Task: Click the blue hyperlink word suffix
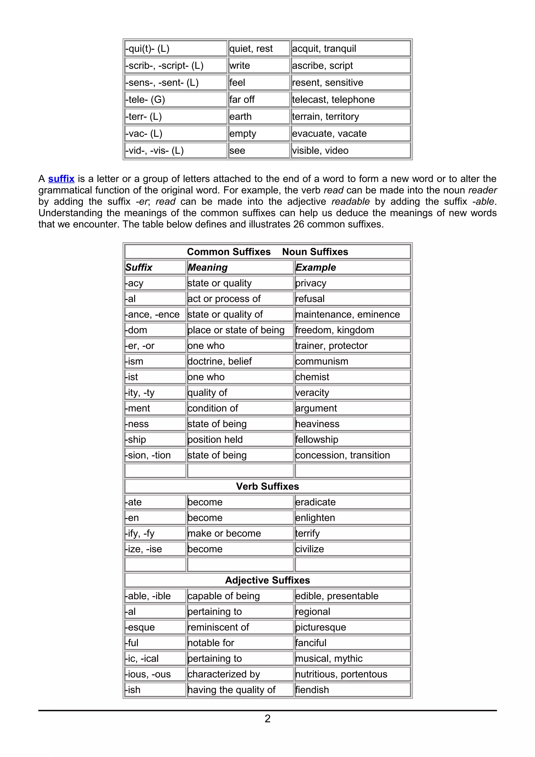point(61,179)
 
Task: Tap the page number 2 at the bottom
point(267,718)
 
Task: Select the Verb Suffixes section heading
point(267,486)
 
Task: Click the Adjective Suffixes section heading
point(267,580)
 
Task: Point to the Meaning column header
point(208,267)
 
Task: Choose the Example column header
point(316,267)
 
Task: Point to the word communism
point(322,361)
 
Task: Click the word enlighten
point(315,518)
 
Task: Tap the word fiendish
point(312,690)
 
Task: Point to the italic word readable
point(350,201)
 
